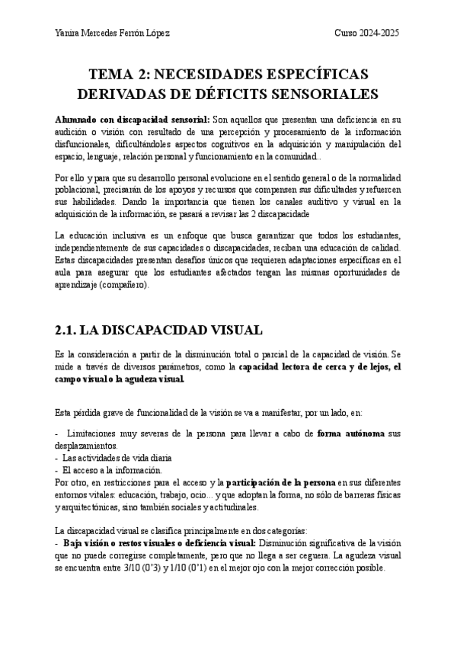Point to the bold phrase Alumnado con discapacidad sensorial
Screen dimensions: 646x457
click(133, 120)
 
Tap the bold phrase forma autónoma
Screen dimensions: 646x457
click(350, 432)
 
